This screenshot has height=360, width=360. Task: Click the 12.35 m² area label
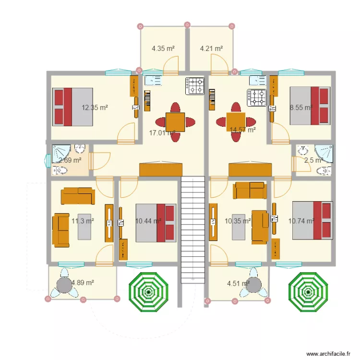click(95, 108)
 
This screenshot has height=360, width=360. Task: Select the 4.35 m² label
click(163, 48)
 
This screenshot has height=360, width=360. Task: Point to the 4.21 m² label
click(211, 48)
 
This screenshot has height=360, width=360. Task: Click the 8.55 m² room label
click(301, 108)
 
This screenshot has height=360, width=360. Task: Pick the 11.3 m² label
click(83, 221)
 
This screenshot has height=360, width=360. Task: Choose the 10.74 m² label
click(301, 221)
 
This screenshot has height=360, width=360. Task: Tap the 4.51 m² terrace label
click(238, 283)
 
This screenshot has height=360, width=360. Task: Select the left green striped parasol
click(149, 291)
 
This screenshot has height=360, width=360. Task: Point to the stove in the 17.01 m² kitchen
click(195, 86)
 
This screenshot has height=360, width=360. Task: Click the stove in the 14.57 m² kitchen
click(256, 98)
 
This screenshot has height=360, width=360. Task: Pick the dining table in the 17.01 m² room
click(175, 122)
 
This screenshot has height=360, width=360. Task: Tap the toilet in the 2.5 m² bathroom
click(327, 170)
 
